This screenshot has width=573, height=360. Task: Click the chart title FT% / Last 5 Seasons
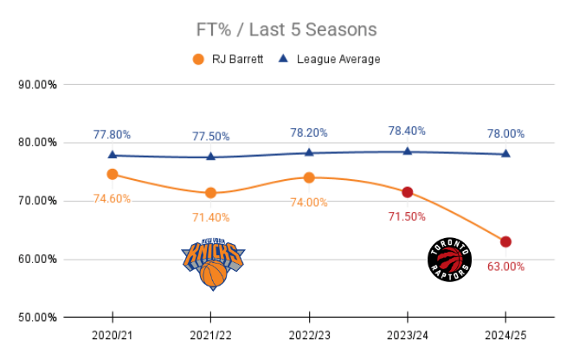(286, 29)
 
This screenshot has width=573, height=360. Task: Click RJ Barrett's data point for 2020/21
(113, 174)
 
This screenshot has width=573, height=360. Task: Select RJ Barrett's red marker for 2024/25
(505, 241)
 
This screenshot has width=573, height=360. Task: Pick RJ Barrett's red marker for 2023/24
(408, 192)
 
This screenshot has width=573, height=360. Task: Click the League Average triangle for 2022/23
(309, 152)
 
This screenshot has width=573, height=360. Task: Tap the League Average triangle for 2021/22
(211, 157)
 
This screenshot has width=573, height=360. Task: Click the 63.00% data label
(505, 267)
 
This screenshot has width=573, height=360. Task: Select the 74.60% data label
(113, 198)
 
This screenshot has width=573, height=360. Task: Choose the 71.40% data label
(211, 216)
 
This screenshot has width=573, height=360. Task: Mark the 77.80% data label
(113, 134)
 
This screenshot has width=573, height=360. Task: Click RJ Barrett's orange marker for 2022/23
(309, 177)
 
